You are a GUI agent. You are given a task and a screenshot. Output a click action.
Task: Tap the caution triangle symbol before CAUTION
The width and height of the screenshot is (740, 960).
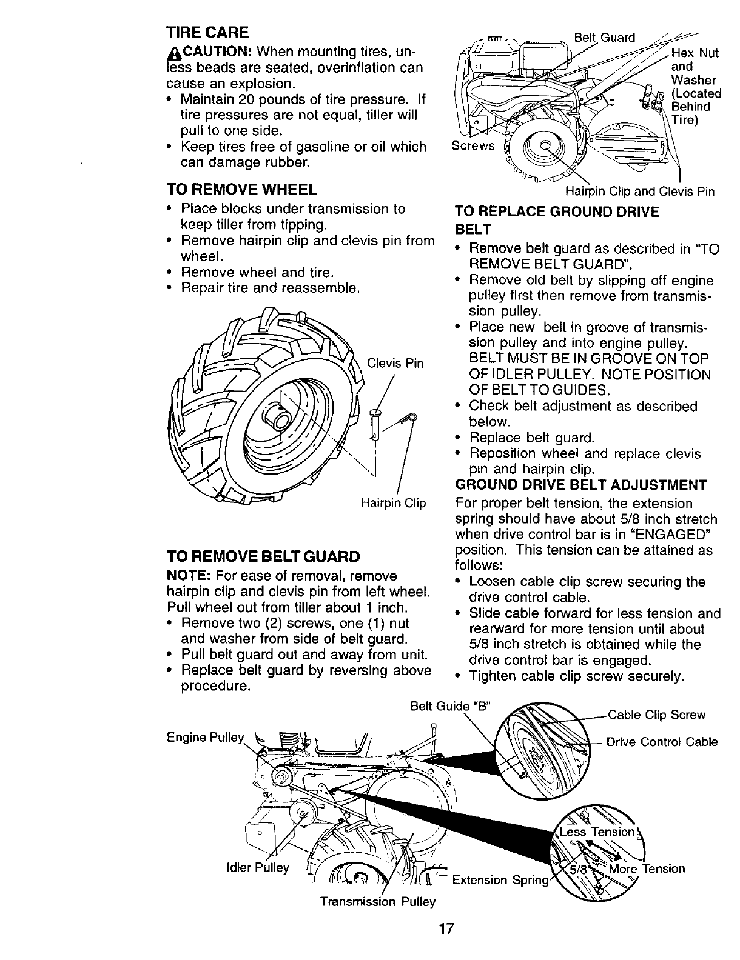click(171, 50)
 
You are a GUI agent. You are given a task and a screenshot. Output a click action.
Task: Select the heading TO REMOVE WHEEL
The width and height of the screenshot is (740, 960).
click(241, 190)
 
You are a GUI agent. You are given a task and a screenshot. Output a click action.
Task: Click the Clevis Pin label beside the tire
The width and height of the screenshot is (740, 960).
click(395, 364)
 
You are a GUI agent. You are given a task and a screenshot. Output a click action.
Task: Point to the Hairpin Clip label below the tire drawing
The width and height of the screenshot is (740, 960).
click(393, 504)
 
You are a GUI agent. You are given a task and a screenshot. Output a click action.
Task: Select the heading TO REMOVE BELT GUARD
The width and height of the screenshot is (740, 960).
click(263, 556)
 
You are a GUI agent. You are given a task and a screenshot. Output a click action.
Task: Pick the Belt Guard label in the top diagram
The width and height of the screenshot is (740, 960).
click(604, 38)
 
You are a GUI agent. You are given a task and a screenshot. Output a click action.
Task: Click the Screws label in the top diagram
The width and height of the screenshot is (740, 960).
click(474, 146)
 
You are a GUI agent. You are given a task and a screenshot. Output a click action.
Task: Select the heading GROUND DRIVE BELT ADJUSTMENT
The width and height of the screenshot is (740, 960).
click(580, 485)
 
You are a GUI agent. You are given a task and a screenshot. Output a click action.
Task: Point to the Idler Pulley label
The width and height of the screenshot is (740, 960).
click(255, 868)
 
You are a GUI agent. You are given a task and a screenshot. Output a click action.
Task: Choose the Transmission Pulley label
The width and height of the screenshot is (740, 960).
click(378, 902)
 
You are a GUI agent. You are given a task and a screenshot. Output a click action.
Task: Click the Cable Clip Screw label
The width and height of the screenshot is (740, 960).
click(656, 715)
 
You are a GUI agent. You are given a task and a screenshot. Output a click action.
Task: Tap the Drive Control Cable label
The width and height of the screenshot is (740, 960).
click(662, 742)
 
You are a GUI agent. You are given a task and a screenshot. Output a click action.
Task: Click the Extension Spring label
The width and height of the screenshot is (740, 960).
click(500, 879)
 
